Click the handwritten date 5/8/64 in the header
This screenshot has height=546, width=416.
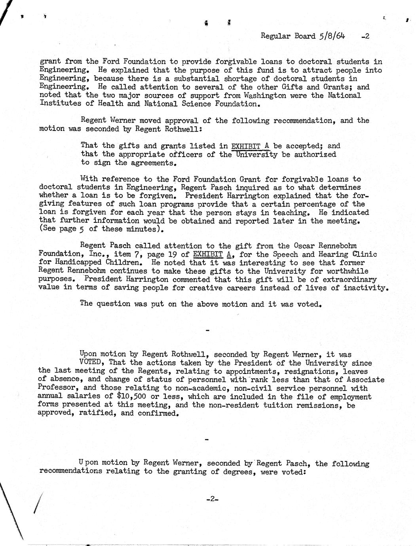[x=331, y=36]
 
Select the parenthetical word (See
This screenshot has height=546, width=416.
[x=47, y=229]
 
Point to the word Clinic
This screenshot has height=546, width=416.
[x=364, y=254]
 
